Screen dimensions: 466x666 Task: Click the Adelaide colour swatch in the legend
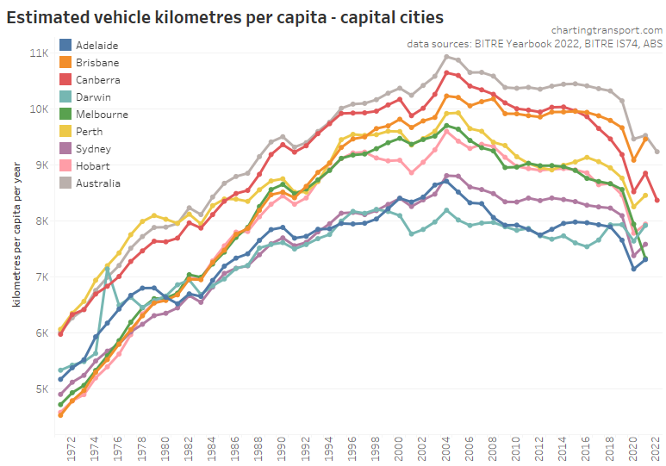[65, 45]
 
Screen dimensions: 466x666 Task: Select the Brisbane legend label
[97, 63]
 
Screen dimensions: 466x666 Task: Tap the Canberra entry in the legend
[99, 80]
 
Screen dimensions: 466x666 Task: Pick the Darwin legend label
[93, 97]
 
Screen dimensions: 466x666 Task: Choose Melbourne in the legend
[102, 115]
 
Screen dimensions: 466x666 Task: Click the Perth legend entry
[89, 132]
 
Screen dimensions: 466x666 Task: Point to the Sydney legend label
[93, 149]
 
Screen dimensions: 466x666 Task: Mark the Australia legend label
[97, 183]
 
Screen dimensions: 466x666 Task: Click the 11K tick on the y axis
[40, 53]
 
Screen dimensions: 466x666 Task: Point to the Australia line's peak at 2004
[446, 57]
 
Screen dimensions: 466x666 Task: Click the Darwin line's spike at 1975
[107, 270]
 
